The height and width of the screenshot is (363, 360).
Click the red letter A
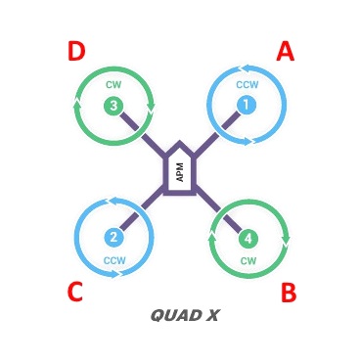(285, 51)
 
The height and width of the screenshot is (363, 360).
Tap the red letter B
(289, 293)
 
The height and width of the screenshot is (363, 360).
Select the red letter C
(74, 293)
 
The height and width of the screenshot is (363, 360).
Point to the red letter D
(76, 52)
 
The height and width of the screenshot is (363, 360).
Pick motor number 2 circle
(113, 237)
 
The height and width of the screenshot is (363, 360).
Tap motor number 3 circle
(113, 105)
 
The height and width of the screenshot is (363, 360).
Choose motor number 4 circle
(248, 238)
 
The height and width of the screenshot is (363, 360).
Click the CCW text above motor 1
(247, 85)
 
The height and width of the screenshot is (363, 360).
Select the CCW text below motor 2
(114, 260)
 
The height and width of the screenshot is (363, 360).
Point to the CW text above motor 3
(113, 85)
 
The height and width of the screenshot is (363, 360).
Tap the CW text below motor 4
(248, 261)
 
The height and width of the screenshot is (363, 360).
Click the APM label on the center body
(180, 172)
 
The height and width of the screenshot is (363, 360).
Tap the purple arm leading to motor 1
(218, 134)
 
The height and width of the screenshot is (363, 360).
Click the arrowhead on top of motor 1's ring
(244, 69)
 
